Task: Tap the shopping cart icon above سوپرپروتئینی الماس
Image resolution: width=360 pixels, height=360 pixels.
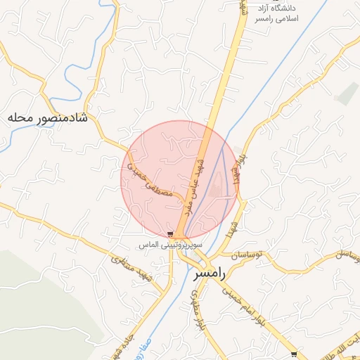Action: (x=171, y=234)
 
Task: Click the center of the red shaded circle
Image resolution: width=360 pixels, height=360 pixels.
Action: (x=180, y=180)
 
